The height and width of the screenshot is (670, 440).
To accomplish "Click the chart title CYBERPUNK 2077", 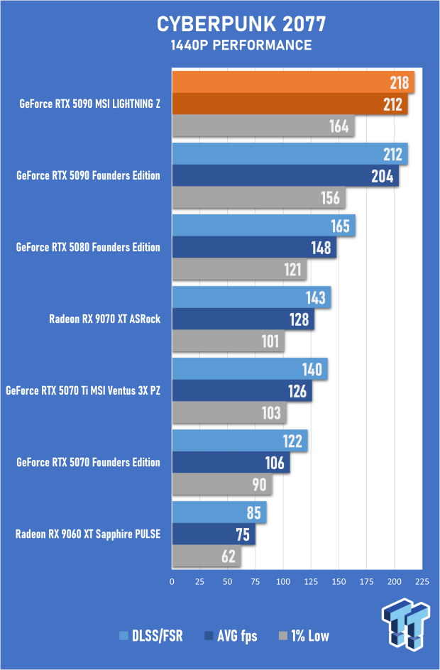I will coord(241,25).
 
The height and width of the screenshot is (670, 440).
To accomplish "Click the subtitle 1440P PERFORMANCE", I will coord(241,45).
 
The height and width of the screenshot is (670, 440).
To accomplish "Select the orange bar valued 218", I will coord(292,83).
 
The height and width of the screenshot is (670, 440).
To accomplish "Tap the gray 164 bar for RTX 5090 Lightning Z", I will coord(263,127).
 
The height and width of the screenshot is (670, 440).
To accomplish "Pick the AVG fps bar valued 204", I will coord(285,176).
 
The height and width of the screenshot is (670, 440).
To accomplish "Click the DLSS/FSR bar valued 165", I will coord(263,226).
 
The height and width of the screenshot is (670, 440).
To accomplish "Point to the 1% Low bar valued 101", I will coord(228,341).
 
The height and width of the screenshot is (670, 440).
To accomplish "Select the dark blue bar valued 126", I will coord(241,390).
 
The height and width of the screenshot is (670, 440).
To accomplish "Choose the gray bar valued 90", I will coord(221,485).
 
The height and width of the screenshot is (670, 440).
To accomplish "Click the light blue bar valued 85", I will coord(219,512).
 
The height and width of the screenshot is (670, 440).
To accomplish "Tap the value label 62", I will coord(229,556).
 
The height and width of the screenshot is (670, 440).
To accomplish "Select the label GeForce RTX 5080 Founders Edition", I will coord(88,248).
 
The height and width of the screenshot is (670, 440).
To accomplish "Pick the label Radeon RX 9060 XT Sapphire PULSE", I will coord(88,534).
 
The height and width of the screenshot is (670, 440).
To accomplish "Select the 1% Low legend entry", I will coord(305,635).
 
